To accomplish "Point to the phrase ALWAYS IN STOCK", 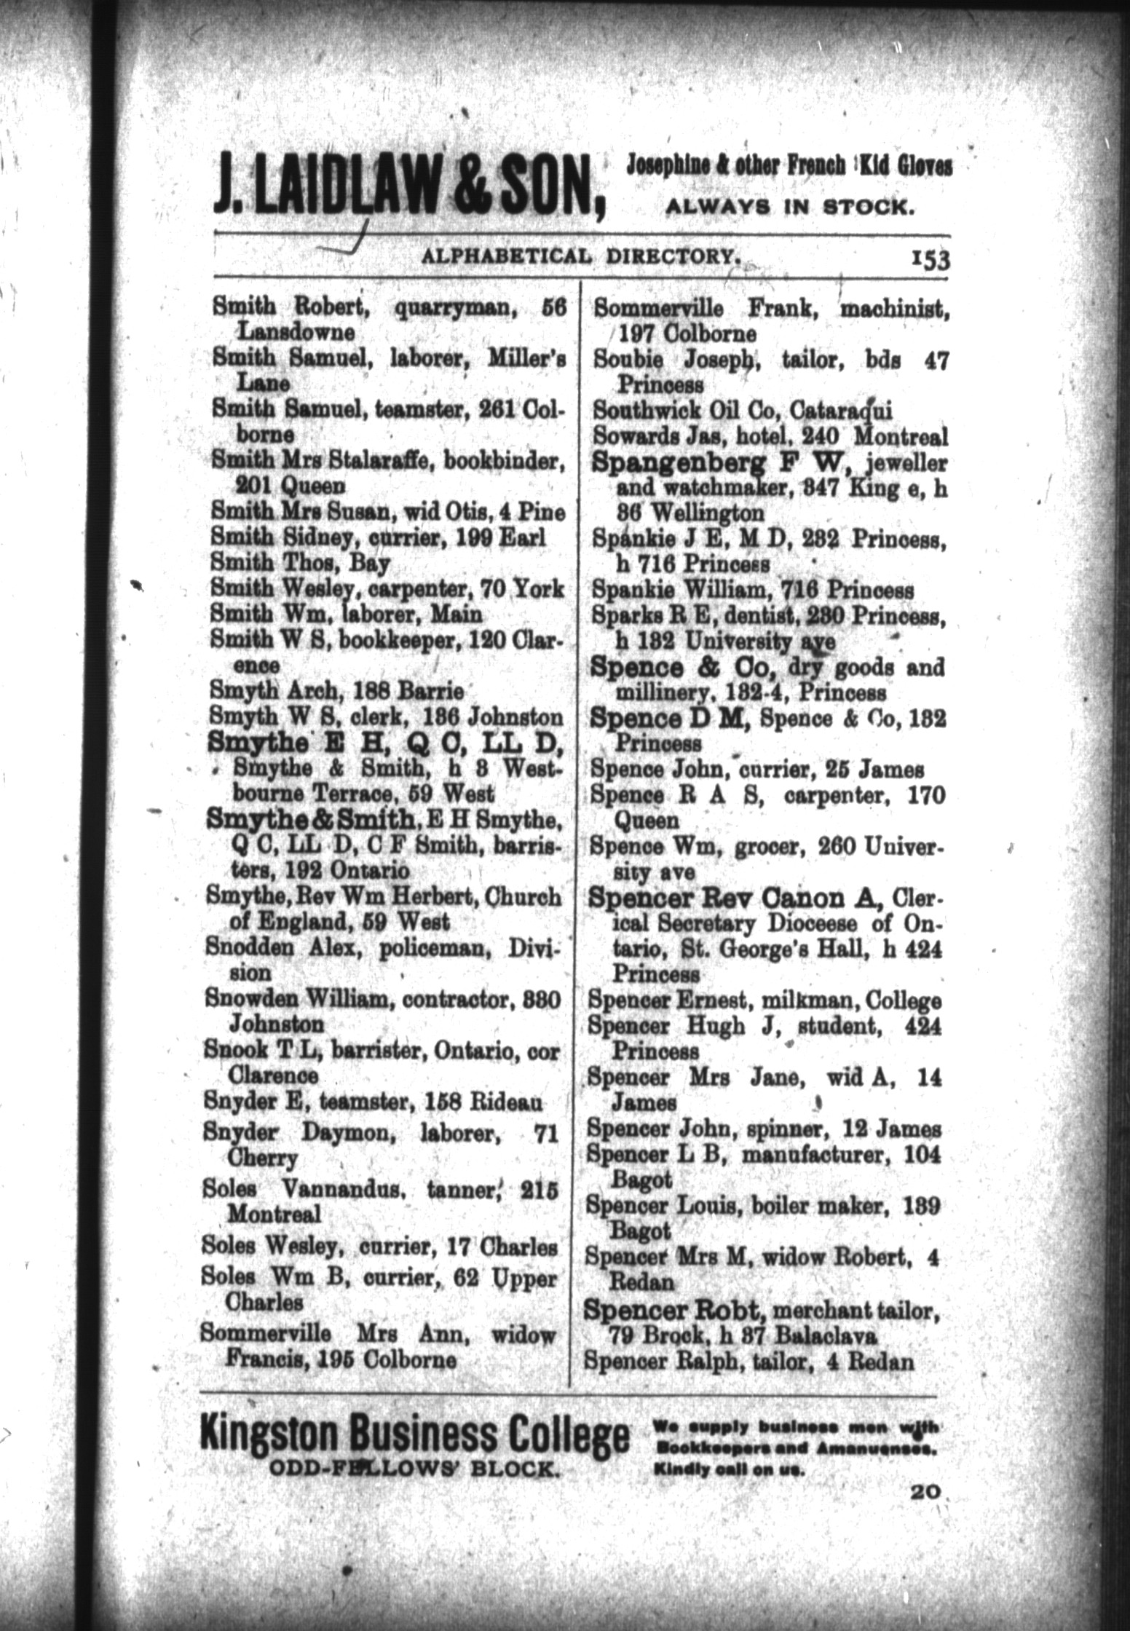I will [x=789, y=208].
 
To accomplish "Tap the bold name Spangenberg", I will [x=680, y=462].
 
